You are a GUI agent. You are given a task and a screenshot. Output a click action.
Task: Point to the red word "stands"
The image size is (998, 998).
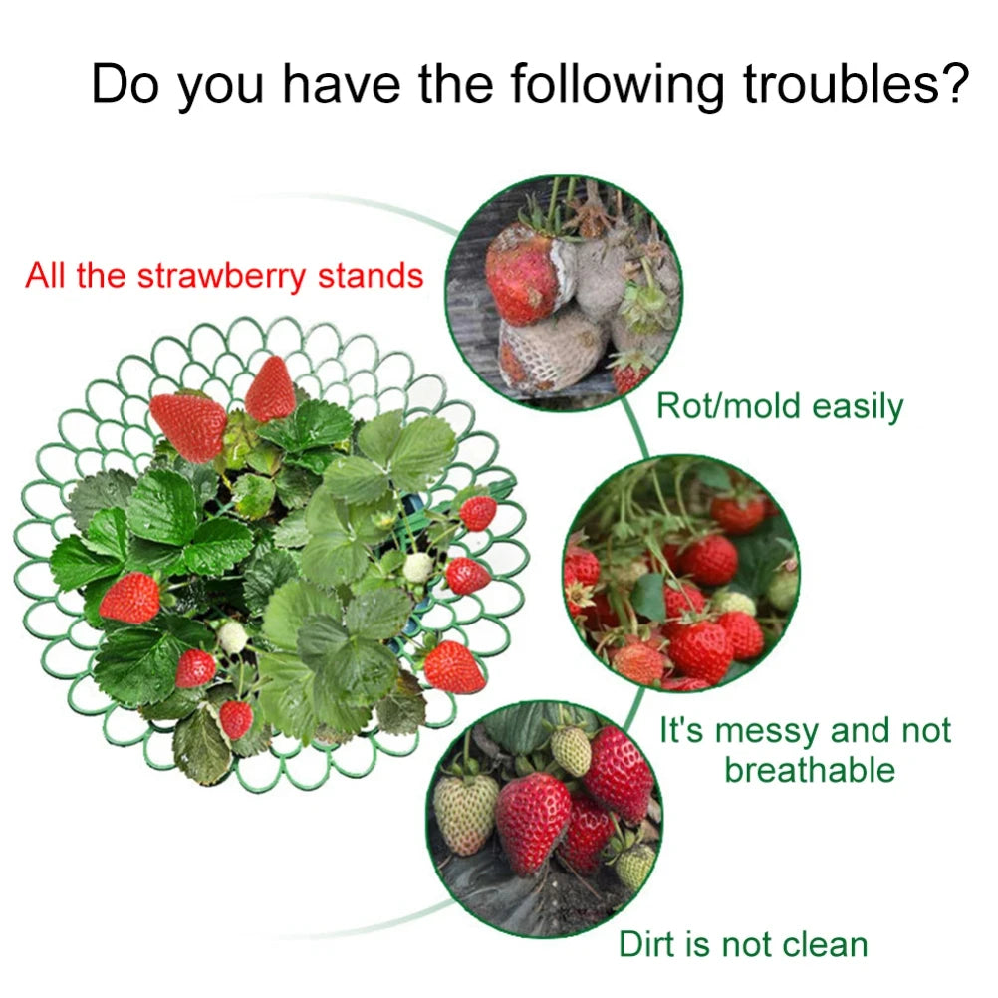(371, 275)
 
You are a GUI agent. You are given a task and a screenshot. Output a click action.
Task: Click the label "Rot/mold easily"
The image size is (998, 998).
(780, 406)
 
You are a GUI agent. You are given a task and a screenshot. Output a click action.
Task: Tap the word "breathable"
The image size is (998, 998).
(810, 770)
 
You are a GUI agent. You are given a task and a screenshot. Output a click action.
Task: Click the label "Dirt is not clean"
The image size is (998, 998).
(743, 943)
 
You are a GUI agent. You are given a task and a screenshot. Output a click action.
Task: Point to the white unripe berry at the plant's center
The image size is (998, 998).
(418, 568)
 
